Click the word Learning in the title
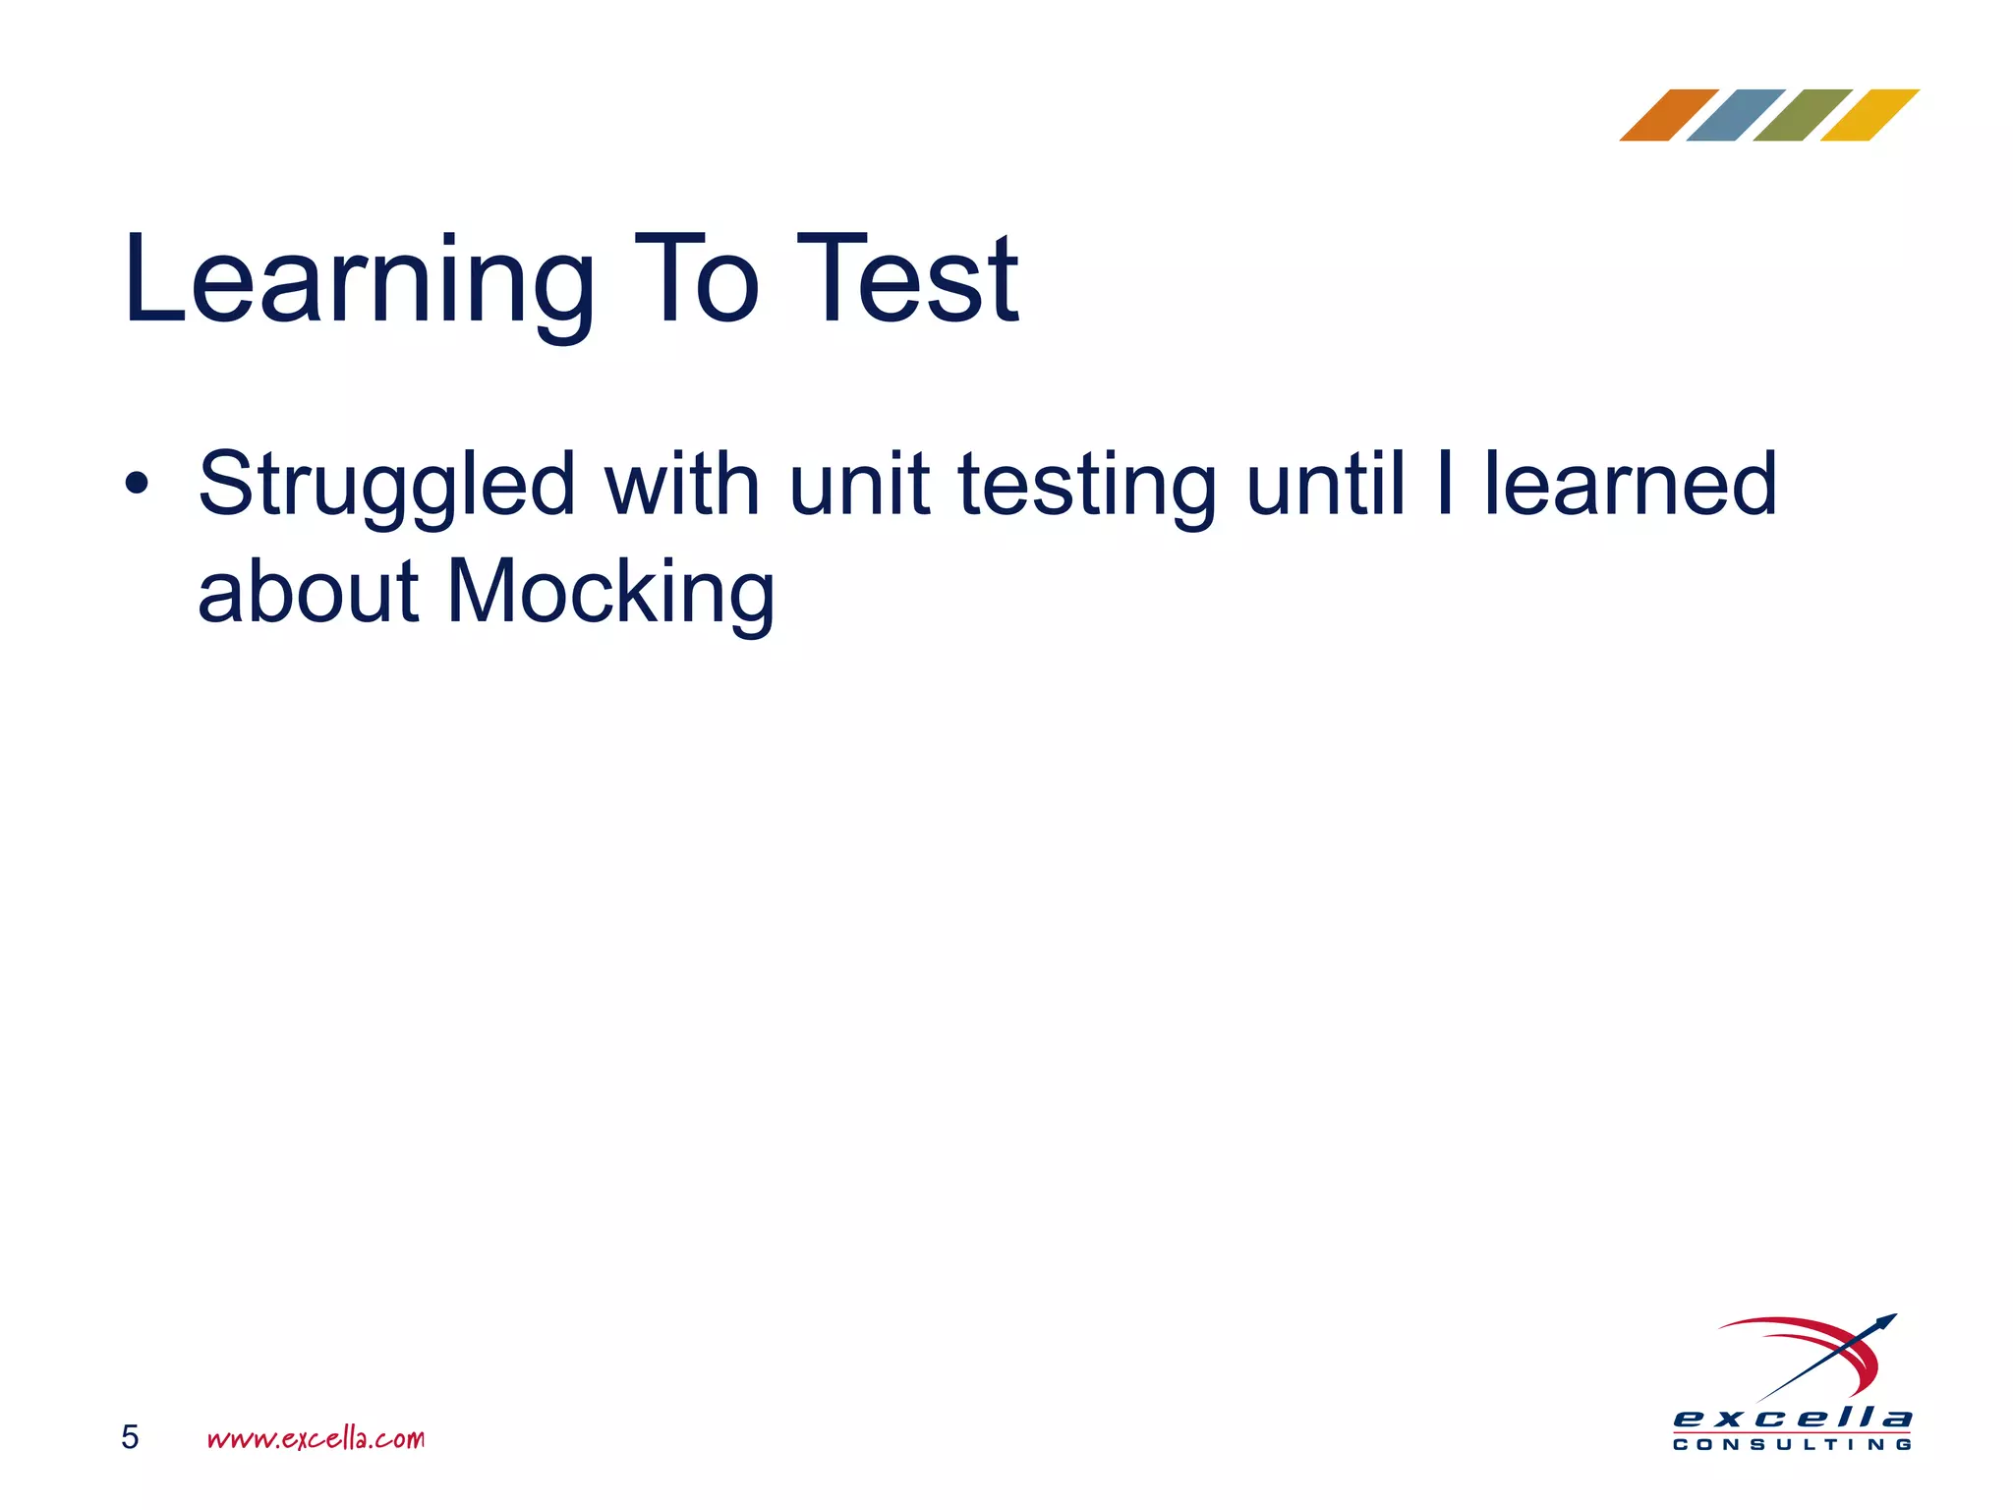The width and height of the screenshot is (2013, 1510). pos(359,280)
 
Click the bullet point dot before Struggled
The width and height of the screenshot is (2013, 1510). pos(137,484)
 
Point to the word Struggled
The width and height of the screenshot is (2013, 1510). pos(386,484)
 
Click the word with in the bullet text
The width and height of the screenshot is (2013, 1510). pos(682,484)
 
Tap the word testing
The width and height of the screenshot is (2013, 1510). pos(1087,484)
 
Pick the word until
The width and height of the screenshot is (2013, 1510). pos(1325,484)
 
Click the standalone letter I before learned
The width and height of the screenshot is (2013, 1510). pos(1444,484)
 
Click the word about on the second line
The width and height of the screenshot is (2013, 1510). pos(309,592)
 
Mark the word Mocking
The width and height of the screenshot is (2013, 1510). pos(610,592)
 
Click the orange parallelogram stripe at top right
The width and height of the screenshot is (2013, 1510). pos(1668,115)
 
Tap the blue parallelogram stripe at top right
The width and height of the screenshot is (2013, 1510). pos(1735,115)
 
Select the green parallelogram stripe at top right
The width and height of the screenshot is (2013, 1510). pos(1802,115)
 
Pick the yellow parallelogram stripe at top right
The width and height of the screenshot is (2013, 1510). pos(1869,115)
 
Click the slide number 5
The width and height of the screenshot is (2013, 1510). pos(130,1437)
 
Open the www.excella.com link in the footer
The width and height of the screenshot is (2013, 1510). pos(316,1438)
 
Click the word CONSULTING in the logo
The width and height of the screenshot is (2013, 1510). pos(1792,1444)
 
